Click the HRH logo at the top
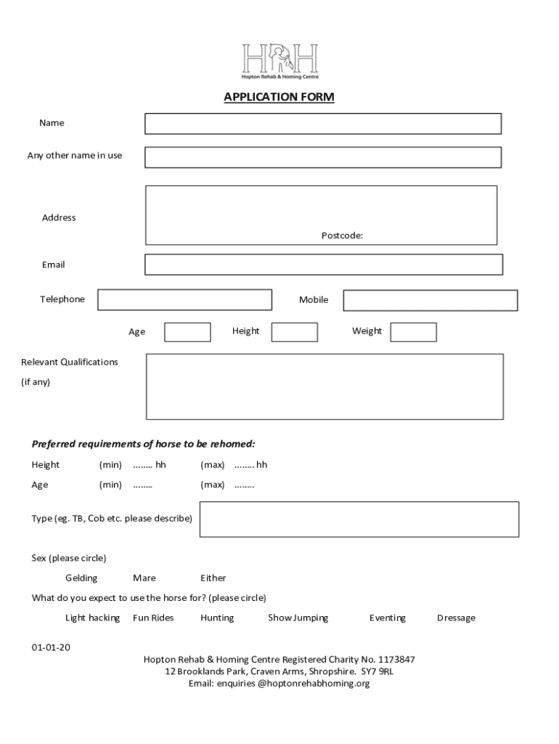279,61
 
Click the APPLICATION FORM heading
279,97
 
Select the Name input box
322,124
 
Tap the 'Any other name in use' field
322,157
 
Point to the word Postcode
342,235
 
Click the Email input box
323,264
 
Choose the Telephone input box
184,299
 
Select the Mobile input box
430,300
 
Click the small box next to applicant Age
187,332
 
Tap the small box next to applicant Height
294,332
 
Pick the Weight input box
413,332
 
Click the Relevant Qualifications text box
325,387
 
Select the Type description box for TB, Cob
359,519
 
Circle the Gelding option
81,578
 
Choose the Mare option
144,578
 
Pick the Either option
213,578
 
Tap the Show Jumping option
298,618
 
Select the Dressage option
456,618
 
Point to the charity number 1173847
396,660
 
